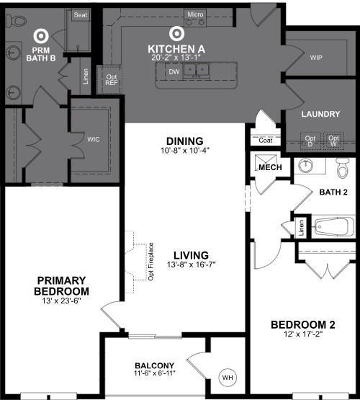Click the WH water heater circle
point(228,377)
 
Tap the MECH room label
point(270,167)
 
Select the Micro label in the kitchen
point(194,14)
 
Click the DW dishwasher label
point(174,72)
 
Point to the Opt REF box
point(111,80)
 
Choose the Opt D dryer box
point(310,140)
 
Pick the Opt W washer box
point(333,140)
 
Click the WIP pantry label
point(316,57)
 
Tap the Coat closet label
point(265,140)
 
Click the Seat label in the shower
point(80,14)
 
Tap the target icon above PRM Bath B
point(40,35)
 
